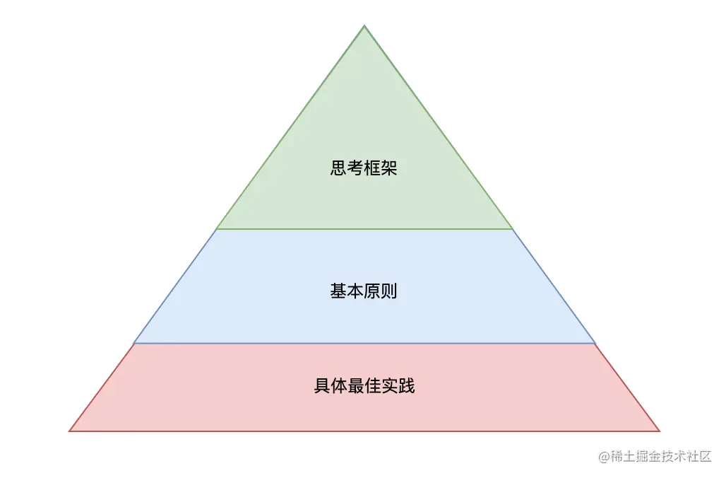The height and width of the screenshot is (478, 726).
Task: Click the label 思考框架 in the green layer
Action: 364,168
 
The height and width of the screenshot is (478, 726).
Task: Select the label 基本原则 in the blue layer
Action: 364,291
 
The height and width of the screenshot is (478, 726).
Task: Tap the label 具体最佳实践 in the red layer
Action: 364,386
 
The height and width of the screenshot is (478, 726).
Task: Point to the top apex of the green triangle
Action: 364,26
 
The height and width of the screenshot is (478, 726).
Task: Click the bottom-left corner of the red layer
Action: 70,431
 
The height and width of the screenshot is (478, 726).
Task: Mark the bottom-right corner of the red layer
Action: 659,431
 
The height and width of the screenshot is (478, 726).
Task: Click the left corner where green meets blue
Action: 216,229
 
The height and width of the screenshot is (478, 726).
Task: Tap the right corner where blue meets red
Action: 595,343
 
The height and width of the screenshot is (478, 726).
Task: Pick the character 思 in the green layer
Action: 338,168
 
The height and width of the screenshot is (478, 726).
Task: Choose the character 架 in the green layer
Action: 390,168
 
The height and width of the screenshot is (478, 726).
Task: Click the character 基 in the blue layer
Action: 338,291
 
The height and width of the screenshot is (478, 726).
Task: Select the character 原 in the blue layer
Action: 372,291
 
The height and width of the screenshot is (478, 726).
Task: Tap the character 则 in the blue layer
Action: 390,291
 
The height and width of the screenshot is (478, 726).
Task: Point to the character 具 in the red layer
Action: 322,386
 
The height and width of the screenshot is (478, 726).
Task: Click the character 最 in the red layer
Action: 356,386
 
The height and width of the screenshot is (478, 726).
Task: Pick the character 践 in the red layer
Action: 407,386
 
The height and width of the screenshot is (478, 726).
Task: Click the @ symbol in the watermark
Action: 605,456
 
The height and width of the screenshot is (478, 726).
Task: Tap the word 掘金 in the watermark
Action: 650,456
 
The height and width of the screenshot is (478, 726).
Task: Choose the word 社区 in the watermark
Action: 701,456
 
